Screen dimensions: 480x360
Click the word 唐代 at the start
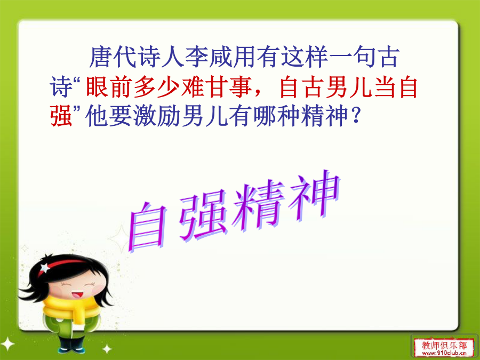coord(113,57)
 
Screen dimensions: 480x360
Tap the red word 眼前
coord(109,87)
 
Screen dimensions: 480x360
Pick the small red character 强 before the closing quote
coord(61,116)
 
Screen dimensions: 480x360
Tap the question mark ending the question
coord(356,116)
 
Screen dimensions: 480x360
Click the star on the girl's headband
coord(45,268)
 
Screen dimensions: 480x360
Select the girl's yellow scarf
coord(72,308)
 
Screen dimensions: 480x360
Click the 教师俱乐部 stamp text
coord(444,346)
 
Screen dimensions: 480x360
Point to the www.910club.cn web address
coord(444,354)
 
